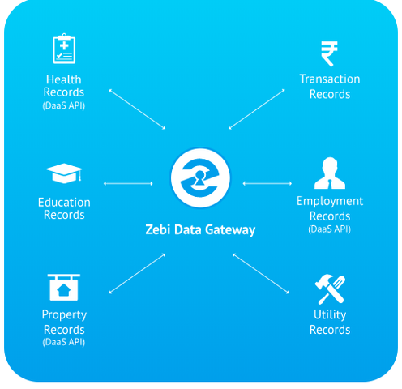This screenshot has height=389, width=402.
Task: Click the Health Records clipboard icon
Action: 64,49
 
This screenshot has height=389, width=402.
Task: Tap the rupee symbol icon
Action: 329,53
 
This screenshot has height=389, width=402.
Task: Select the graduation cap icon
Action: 64,173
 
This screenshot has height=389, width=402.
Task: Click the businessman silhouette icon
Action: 330,173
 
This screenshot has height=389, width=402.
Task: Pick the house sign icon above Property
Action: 64,288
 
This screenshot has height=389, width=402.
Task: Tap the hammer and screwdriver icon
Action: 330,289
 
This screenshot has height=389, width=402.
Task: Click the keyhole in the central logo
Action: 200,177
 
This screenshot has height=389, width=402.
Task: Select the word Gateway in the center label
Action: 230,230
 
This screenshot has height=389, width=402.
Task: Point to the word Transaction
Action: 330,79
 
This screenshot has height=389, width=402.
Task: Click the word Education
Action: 64,203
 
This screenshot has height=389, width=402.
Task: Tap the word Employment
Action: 330,202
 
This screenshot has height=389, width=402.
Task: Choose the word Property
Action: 64,315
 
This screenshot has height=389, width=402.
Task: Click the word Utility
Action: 330,315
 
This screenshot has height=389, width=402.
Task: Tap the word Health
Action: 64,79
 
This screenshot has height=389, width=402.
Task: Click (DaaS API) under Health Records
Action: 64,105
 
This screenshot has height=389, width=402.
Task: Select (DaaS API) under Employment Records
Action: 330,229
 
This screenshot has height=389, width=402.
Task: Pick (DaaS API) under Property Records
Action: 64,342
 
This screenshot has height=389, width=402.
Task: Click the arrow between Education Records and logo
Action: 128,184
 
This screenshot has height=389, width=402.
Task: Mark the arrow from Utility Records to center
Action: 261,273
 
